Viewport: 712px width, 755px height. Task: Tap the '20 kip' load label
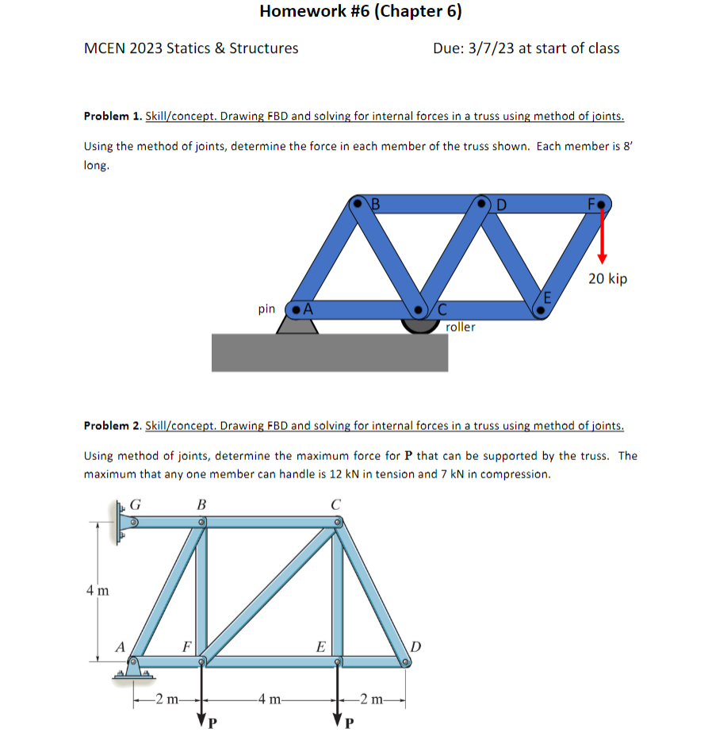(607, 278)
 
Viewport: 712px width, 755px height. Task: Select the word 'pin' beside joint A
(266, 309)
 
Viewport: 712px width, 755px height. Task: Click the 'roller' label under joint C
(461, 327)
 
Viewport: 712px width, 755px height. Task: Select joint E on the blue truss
(541, 310)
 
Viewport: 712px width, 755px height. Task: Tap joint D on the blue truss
(483, 204)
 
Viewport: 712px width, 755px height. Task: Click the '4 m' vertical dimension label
(98, 591)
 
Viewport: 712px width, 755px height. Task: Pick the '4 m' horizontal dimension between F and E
(271, 699)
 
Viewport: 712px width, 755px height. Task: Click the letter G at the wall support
(137, 504)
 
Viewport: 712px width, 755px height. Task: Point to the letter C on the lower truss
(336, 504)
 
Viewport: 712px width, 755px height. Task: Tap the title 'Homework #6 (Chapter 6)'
(360, 11)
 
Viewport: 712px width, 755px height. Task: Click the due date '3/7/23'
(492, 48)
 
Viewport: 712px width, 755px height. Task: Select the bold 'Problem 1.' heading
(113, 117)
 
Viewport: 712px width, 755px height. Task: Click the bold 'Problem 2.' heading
(113, 426)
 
